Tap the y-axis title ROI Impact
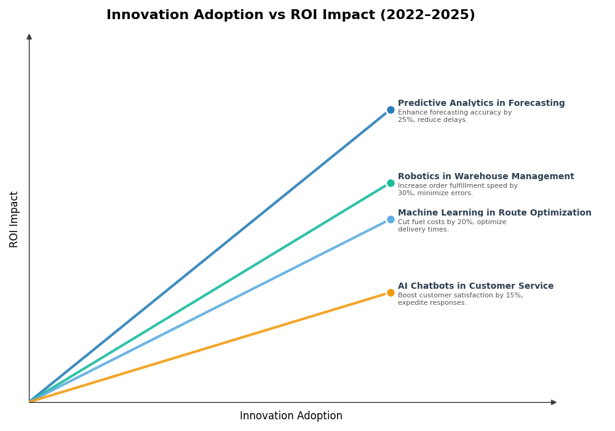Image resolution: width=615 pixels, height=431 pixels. click(14, 219)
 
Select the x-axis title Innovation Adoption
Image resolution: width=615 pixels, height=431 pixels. click(291, 416)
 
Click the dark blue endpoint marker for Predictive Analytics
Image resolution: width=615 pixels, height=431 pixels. click(391, 110)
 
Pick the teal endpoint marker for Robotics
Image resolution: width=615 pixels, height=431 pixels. click(391, 183)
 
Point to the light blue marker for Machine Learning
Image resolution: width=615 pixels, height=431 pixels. click(391, 220)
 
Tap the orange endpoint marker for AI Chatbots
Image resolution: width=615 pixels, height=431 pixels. click(391, 293)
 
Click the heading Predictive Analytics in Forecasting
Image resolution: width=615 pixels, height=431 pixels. click(481, 103)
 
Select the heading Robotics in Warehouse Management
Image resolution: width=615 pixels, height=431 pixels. click(486, 177)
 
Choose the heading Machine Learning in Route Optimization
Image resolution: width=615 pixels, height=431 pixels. click(494, 213)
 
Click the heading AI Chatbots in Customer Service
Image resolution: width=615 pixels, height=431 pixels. click(475, 286)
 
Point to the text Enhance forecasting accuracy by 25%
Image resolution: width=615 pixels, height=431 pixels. click(454, 116)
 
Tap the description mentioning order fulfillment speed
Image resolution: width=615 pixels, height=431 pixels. click(458, 190)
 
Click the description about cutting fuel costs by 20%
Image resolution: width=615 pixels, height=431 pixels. click(452, 226)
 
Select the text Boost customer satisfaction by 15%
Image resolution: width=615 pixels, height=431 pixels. click(460, 299)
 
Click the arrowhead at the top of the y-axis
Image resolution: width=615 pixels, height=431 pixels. click(29, 37)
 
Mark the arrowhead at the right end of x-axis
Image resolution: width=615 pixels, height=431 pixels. click(553, 402)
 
